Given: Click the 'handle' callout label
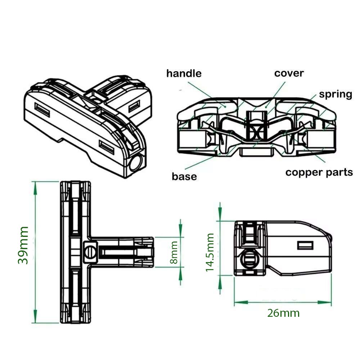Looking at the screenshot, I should (x=184, y=74).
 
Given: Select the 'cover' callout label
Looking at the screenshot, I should (x=289, y=73).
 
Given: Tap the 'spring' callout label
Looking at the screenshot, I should (x=335, y=94).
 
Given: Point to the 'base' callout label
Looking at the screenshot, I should (x=184, y=176).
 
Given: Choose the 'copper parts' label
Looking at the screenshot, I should (x=319, y=172).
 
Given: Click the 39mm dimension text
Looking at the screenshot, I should (x=23, y=245).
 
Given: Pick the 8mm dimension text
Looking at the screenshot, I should (x=174, y=252).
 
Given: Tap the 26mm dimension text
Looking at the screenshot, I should (x=283, y=313).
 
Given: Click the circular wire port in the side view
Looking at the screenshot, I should (x=248, y=258).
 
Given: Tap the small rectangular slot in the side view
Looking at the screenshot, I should (x=305, y=245).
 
